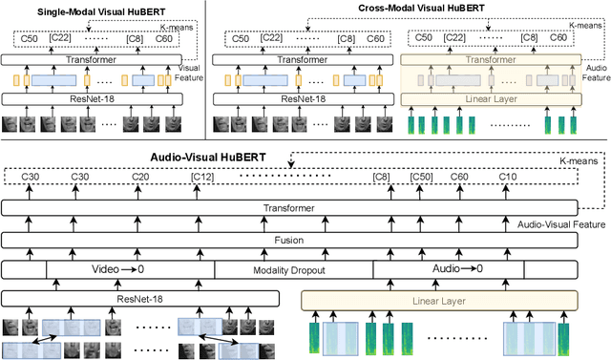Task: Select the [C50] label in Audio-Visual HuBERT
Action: pos(422,179)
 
